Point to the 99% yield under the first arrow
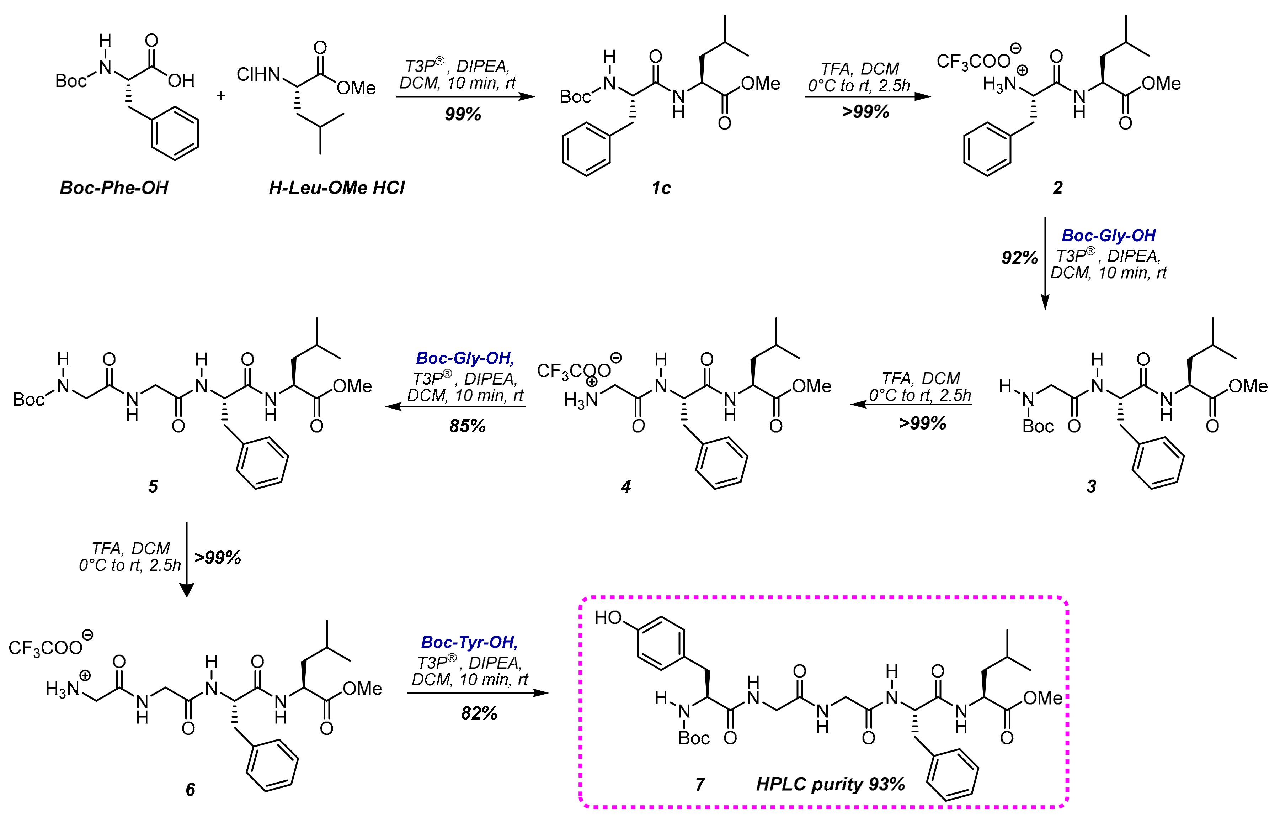coord(463,114)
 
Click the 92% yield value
coord(1019,258)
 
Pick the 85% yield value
coord(467,426)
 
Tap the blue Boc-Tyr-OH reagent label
coord(469,642)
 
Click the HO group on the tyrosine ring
coord(608,618)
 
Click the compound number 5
coord(153,486)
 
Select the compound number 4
coord(626,486)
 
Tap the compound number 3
coord(1091,486)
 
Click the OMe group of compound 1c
coord(760,83)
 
